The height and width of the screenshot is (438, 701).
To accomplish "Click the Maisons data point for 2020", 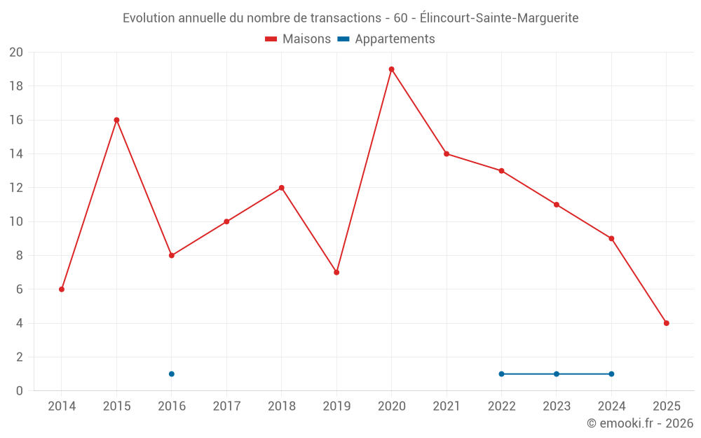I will click(391, 69).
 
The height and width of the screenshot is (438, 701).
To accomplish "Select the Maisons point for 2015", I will click(116, 120).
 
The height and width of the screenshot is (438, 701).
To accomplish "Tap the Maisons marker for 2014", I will click(62, 289).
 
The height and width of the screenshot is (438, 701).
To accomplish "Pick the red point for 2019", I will click(336, 273).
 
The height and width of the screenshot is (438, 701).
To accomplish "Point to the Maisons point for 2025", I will click(666, 323).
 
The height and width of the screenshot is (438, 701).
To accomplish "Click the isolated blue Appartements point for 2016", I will click(172, 374).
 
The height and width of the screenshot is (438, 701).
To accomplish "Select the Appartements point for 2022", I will click(501, 374).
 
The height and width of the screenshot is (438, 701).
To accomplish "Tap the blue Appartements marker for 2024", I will click(611, 374).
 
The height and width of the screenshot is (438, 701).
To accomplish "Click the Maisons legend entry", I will click(298, 39).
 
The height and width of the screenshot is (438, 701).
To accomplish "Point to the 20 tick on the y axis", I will click(16, 53).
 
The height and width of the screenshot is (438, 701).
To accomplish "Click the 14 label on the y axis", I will click(16, 154).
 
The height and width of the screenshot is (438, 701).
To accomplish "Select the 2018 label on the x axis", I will click(281, 406).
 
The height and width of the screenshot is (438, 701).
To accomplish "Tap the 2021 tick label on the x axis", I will click(447, 406).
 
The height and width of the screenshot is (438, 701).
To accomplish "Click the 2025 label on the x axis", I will click(666, 406).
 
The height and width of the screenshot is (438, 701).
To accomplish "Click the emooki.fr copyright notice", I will click(639, 423).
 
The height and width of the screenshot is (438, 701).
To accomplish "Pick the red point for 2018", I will click(281, 188).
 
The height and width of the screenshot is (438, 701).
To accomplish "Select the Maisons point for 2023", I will click(556, 205).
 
